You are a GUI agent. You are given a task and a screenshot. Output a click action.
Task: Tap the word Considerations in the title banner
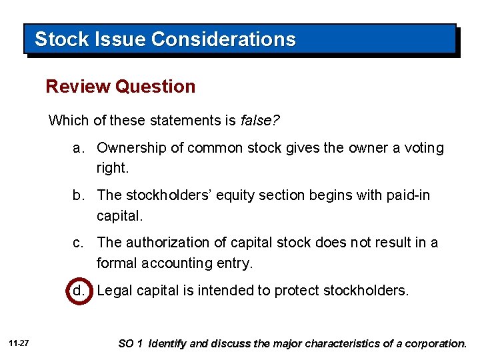[223, 39]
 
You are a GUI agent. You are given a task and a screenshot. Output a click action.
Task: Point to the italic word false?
[260, 121]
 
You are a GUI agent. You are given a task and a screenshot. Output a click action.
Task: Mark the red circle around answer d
[78, 291]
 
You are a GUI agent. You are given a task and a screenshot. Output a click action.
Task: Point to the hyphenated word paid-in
[408, 195]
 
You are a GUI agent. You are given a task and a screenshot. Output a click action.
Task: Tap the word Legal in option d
[113, 291]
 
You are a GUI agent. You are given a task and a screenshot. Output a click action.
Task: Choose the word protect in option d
[299, 291]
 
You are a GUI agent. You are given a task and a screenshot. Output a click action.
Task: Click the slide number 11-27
[19, 343]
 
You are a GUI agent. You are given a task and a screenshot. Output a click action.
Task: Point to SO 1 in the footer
[131, 344]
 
